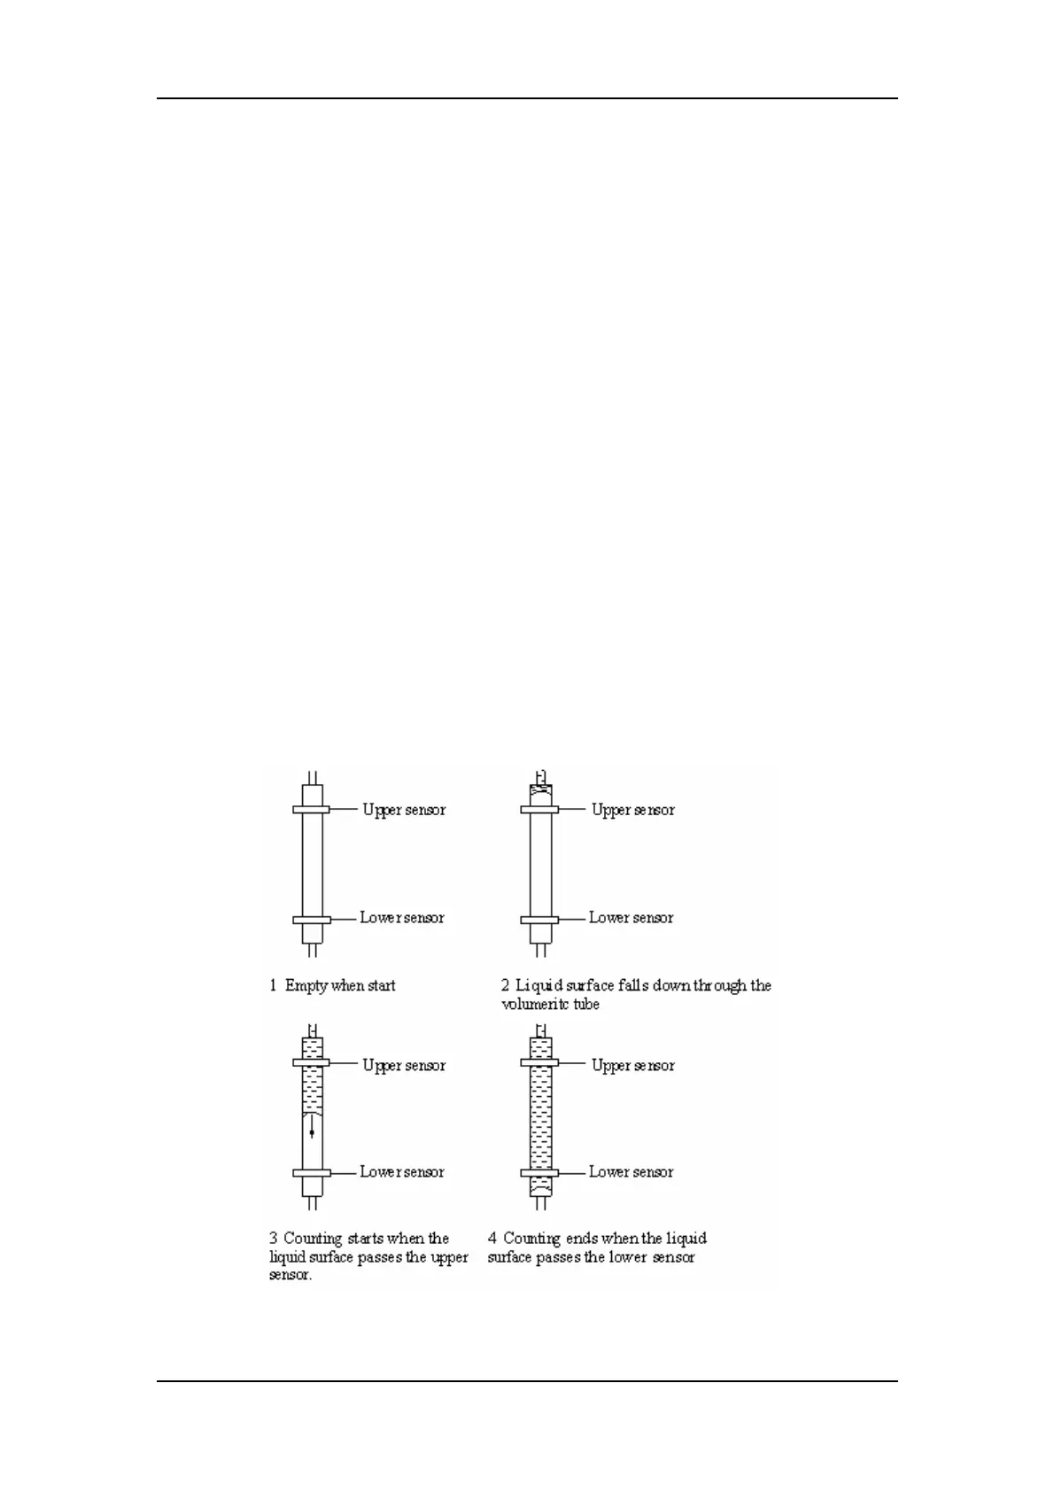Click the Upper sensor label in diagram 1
404,810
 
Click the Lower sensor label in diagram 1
402,918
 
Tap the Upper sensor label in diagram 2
633,810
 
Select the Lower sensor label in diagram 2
632,918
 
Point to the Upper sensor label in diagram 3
404,1066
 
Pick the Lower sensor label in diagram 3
402,1172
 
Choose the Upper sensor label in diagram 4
633,1066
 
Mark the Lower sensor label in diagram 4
632,1172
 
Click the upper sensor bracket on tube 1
312,810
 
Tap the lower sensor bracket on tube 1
312,920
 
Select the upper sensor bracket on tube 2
539,810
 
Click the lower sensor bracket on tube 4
539,1173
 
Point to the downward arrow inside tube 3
312,1126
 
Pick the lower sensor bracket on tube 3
312,1173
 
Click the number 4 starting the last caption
492,1239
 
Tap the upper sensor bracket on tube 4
539,1063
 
